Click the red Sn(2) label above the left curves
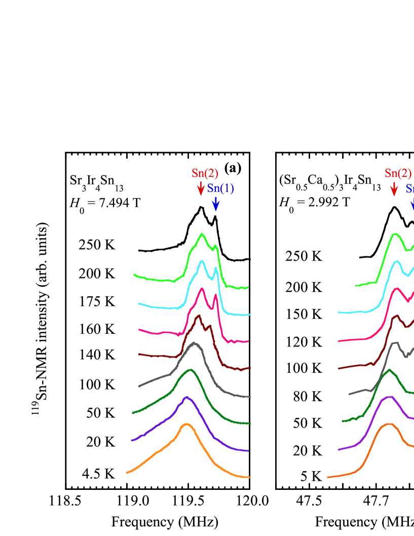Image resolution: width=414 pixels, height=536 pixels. pos(205,173)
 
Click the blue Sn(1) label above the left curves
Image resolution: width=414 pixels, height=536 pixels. pos(220,189)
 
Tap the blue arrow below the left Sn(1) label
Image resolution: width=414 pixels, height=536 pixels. pos(216,204)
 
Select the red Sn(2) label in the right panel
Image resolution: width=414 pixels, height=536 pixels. pos(398,173)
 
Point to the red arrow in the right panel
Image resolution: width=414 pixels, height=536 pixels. pos(394,189)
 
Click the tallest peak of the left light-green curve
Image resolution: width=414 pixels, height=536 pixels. pos(202,234)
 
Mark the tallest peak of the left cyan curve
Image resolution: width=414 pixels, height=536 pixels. pos(202,261)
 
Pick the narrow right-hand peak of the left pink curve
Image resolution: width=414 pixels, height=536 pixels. pos(215,296)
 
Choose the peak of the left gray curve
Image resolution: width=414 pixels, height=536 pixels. pos(194,343)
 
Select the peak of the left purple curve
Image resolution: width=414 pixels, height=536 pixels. pos(186,397)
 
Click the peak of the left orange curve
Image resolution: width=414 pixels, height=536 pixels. pos(186,424)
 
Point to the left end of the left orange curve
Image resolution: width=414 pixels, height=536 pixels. pos(127,473)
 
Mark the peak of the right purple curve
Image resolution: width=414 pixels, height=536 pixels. pos(388,397)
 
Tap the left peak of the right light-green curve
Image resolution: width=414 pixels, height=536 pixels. pos(395,234)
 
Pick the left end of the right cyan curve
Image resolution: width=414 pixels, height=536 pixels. pos(338,313)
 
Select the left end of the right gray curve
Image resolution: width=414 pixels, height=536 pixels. pos(350,394)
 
